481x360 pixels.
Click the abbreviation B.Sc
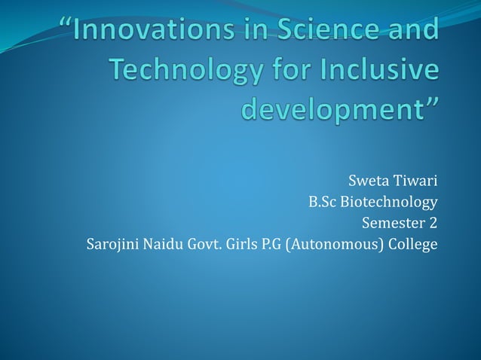(322, 202)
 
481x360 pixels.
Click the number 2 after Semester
(433, 224)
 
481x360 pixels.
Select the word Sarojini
(112, 245)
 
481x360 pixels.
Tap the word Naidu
(164, 245)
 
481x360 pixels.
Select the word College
(412, 245)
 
